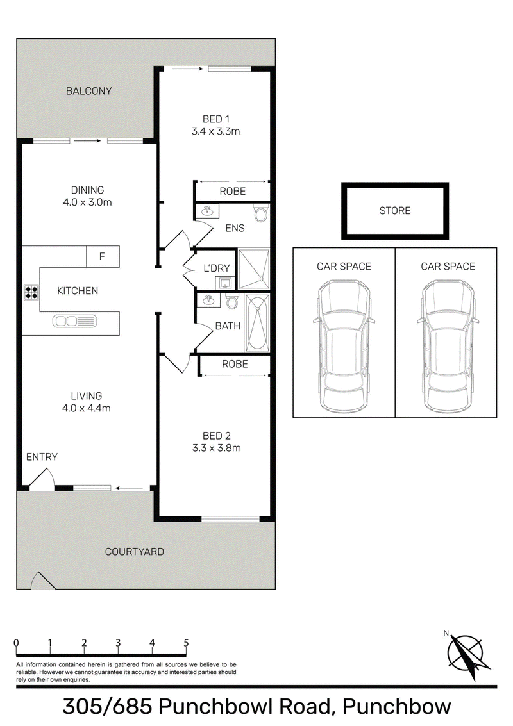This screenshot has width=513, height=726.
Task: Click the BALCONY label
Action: (x=88, y=91)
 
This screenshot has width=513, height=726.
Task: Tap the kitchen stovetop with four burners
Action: (x=31, y=292)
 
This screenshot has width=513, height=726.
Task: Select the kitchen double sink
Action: (x=74, y=321)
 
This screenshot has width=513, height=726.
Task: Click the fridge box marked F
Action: (x=103, y=256)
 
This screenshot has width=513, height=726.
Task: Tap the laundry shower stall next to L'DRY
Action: (x=253, y=269)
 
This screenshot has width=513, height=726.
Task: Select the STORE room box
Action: (x=395, y=211)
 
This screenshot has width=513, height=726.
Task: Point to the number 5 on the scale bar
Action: (x=187, y=643)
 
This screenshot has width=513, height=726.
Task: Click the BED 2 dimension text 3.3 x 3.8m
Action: (x=216, y=448)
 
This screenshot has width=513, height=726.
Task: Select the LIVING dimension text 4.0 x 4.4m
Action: (x=86, y=408)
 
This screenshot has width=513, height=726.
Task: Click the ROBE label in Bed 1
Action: (x=233, y=191)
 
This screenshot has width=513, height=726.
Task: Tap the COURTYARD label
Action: (x=135, y=552)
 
